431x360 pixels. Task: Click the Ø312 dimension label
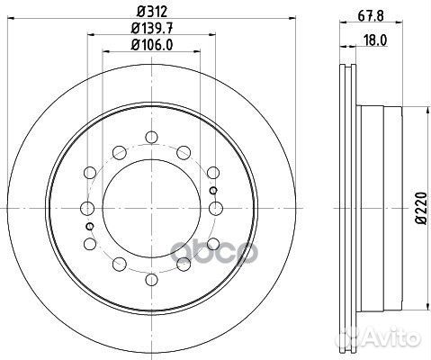coord(149,12)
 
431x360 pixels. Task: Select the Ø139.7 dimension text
coord(149,30)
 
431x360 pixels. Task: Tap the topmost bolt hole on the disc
coord(150,137)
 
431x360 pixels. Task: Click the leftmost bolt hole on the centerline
coord(87,208)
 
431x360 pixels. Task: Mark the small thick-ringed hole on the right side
coord(212,191)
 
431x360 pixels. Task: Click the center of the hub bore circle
coord(150,208)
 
